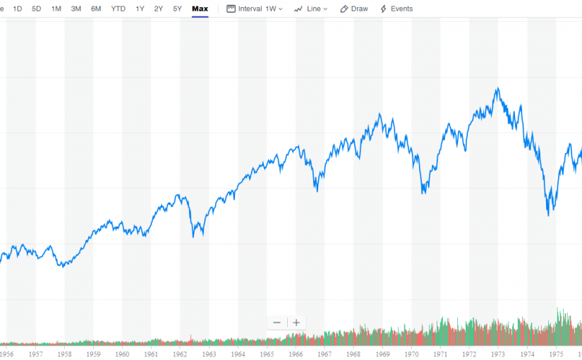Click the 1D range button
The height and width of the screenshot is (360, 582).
(17, 9)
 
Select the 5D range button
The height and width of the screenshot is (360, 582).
(36, 9)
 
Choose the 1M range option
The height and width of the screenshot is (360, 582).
(56, 9)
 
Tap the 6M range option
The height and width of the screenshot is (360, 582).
(96, 9)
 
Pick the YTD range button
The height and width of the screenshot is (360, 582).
(118, 9)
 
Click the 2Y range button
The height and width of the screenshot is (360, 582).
(159, 9)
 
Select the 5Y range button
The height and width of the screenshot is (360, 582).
(178, 9)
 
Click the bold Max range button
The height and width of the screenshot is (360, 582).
(200, 9)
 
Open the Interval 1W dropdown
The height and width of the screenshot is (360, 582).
(255, 9)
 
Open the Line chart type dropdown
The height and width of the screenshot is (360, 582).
(310, 9)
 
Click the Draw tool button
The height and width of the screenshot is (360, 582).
(354, 9)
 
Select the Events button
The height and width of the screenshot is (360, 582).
(396, 9)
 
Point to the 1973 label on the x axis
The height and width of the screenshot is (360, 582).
(498, 353)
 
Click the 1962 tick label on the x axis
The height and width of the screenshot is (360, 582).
(180, 353)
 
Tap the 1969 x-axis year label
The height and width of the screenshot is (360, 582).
(382, 353)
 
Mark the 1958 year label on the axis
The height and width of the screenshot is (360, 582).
(64, 353)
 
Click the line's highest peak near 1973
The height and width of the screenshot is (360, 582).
(498, 88)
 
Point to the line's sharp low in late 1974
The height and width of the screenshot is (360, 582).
(548, 215)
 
